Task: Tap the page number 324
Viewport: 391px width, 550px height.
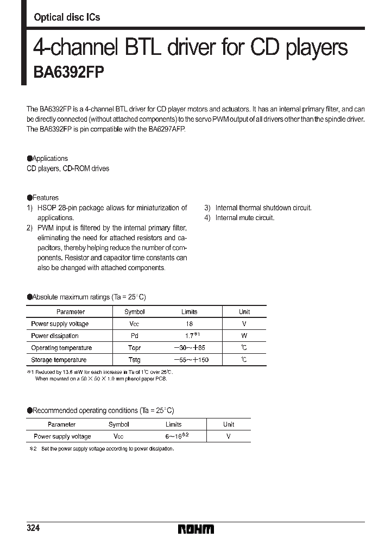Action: tap(33, 528)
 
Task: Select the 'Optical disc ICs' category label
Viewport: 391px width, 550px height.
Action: tap(67, 17)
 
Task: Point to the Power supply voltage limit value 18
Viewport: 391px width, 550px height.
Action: tap(189, 324)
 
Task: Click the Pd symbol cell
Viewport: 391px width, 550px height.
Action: tap(135, 336)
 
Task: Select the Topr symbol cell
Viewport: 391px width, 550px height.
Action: tap(135, 348)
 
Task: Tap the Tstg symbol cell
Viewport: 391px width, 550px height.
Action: tap(135, 360)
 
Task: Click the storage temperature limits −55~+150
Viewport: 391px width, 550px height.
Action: tap(191, 360)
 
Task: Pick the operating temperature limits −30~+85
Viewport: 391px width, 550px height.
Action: tap(190, 348)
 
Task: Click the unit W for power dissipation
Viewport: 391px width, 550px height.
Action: tap(244, 336)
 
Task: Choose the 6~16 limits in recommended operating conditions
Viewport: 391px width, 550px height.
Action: tap(176, 436)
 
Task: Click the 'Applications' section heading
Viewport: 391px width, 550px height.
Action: tap(50, 159)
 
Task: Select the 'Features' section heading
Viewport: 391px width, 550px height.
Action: tap(45, 198)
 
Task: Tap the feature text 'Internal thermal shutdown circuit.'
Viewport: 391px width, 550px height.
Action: tap(263, 208)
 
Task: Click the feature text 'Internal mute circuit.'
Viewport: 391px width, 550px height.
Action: tap(245, 217)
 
